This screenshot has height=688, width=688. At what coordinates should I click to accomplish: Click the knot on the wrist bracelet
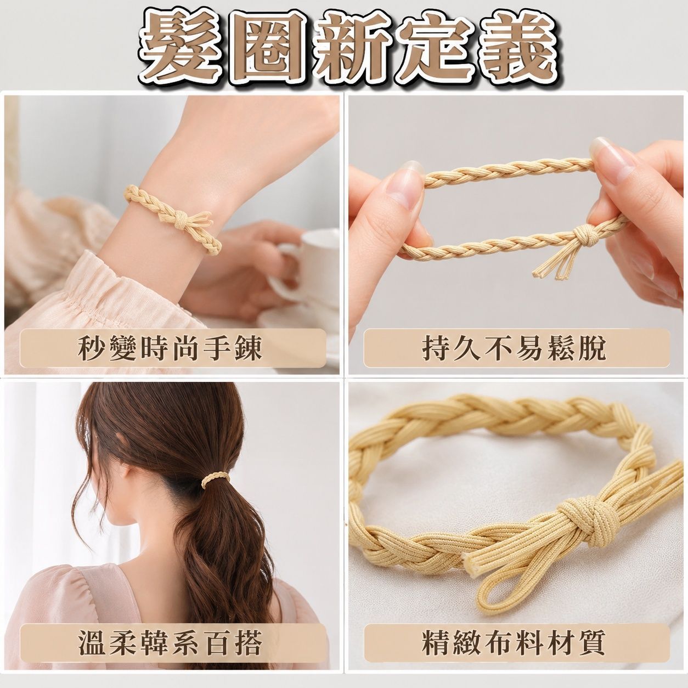[182, 224]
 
